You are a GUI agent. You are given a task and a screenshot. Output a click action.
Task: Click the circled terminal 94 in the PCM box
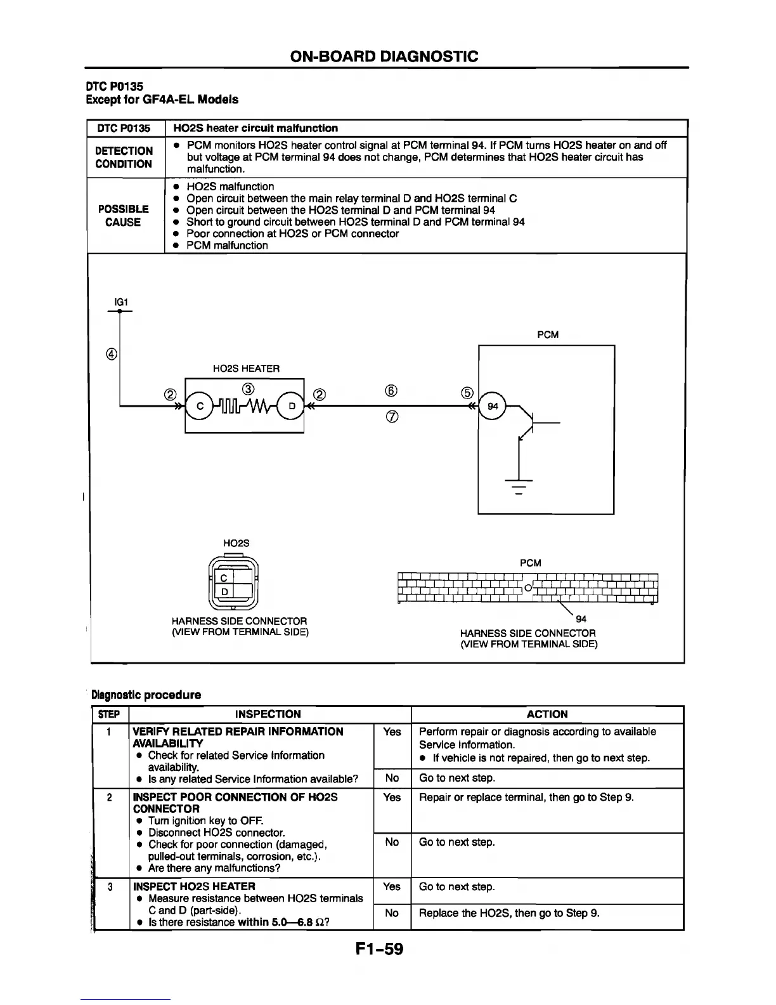493,407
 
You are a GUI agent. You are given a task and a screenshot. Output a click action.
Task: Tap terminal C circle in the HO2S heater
200,407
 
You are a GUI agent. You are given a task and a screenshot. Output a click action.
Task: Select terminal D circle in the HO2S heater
292,407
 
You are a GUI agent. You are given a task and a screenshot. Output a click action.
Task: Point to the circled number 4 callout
112,355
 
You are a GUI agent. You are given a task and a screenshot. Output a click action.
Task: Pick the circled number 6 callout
391,391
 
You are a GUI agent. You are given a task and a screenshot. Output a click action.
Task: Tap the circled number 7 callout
391,417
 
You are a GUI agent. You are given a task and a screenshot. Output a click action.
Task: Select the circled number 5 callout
467,392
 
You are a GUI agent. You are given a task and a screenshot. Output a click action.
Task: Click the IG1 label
120,303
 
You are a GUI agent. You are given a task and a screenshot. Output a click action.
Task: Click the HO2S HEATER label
246,369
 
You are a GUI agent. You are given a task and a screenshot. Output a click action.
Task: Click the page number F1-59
379,949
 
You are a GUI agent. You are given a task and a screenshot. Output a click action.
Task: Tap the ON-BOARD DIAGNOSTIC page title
384,56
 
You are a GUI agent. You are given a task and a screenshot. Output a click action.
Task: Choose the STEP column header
110,714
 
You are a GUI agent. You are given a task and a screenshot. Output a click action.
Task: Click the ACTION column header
547,714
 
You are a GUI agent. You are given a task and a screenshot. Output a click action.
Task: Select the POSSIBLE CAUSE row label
124,216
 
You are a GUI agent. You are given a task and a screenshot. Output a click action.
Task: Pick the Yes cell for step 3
392,887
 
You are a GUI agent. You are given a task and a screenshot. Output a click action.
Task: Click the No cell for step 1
392,778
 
